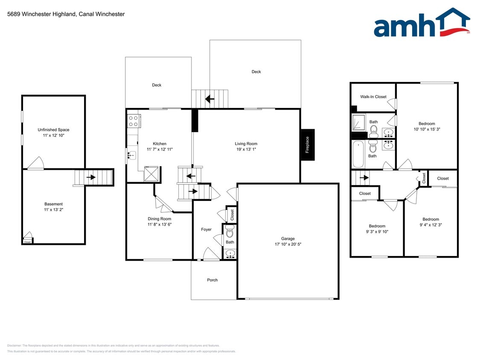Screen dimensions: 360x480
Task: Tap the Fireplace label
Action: (307, 145)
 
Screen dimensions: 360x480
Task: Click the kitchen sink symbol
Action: (132, 155)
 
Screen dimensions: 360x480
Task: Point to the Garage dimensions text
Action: (288, 244)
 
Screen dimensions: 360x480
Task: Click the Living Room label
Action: (246, 144)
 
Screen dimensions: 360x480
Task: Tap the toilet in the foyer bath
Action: (230, 233)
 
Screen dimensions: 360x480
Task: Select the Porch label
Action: (212, 280)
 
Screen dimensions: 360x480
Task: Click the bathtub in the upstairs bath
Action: (358, 154)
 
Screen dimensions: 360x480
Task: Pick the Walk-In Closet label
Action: (373, 97)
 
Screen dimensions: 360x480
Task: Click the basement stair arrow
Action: (91, 177)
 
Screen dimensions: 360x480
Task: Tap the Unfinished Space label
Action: (53, 130)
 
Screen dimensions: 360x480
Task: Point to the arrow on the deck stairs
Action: (209, 99)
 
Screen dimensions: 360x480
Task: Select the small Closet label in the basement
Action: (28, 242)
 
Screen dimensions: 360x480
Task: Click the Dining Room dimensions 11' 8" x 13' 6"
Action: (160, 224)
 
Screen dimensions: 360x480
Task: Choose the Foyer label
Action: (207, 229)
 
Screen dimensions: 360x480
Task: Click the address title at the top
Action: (66, 14)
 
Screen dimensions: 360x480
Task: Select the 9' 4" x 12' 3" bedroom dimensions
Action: (431, 225)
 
